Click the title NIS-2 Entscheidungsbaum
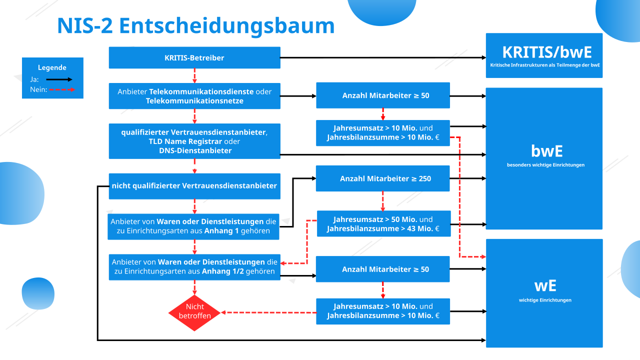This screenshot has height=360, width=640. (195, 25)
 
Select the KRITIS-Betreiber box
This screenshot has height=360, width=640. (194, 57)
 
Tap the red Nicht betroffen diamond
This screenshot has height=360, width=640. (194, 312)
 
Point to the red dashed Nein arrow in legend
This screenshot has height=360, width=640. (61, 90)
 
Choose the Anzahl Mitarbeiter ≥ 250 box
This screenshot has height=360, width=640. (383, 178)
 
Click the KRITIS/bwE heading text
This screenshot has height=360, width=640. (544, 52)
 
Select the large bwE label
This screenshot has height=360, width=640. (544, 150)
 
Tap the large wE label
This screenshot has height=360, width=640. (544, 285)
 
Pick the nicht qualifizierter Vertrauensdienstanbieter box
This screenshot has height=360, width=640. (194, 185)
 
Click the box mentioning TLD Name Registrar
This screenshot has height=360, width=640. (194, 141)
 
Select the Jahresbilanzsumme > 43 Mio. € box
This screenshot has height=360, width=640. (383, 224)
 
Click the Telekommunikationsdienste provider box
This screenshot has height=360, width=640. (194, 96)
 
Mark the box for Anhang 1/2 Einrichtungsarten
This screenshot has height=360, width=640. (194, 267)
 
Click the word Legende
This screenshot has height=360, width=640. (52, 67)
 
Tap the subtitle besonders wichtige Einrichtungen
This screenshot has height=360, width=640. (545, 165)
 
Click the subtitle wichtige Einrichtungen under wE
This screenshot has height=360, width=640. (545, 300)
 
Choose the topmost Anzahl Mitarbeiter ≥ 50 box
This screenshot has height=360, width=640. (383, 95)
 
